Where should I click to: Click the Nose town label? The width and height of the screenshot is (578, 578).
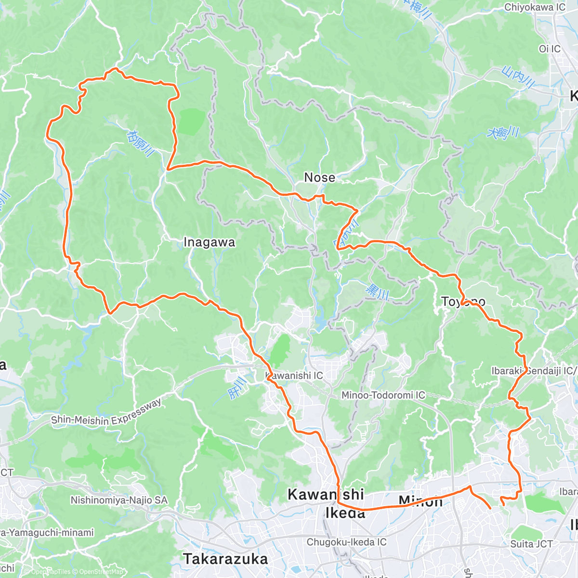click(319, 178)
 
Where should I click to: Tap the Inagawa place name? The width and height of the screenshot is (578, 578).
click(209, 243)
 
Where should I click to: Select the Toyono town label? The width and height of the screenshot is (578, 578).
click(463, 302)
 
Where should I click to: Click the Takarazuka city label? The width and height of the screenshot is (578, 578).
click(225, 559)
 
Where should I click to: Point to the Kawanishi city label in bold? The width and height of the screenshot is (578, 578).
click(326, 494)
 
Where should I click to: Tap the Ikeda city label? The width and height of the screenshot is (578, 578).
click(345, 512)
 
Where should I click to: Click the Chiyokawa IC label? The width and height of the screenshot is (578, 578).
click(535, 7)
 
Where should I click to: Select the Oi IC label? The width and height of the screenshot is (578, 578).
click(550, 49)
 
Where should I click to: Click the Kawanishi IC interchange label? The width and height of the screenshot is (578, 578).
click(294, 375)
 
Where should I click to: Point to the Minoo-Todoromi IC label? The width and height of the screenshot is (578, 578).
click(383, 395)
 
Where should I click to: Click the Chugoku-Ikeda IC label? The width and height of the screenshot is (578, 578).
click(347, 542)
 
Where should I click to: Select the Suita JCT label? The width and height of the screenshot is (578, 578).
click(532, 544)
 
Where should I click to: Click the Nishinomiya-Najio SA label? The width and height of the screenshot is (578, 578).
click(119, 500)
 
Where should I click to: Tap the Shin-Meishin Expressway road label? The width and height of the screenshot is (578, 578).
click(106, 412)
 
